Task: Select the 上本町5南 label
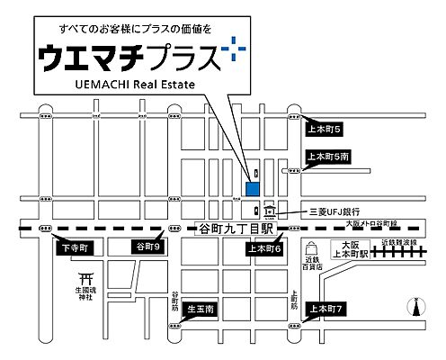click(x=328, y=157)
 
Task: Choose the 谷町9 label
click(x=147, y=247)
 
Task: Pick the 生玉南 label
click(x=201, y=310)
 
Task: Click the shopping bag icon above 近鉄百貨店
click(x=311, y=248)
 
